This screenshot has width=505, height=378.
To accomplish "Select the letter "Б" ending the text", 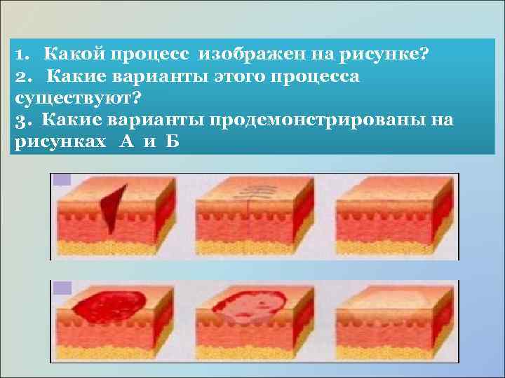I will click(x=173, y=141).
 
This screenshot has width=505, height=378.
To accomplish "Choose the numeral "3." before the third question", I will click(x=22, y=119).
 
